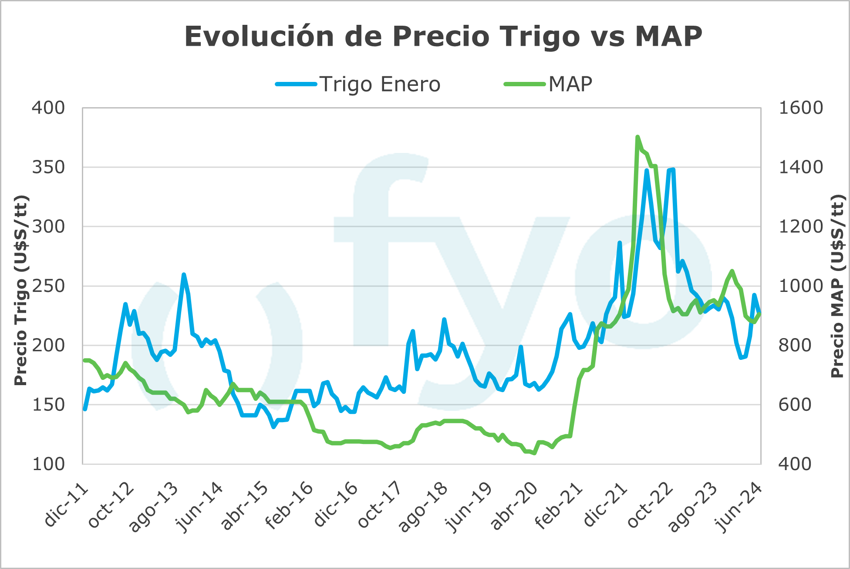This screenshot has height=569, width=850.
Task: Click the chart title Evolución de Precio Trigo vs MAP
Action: [443, 36]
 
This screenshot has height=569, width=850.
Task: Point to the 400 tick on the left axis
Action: [48, 108]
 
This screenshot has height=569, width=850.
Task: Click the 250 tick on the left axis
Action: [48, 286]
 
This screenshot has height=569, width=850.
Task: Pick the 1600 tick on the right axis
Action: [800, 108]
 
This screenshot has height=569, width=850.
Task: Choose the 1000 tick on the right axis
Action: [800, 286]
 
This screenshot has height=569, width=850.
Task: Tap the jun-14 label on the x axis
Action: [200, 507]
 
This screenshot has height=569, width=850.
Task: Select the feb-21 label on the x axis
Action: [558, 507]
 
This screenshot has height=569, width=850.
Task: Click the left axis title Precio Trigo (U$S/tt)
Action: [20, 290]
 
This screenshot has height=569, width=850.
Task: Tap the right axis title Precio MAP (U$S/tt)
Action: [837, 286]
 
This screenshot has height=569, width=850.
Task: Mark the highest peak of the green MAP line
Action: [637, 137]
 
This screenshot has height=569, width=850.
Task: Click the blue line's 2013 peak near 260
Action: [184, 274]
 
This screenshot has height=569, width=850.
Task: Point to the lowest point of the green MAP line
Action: [534, 453]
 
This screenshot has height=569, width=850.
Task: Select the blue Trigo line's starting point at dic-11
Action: [85, 409]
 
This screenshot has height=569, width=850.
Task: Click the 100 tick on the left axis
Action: [48, 464]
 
